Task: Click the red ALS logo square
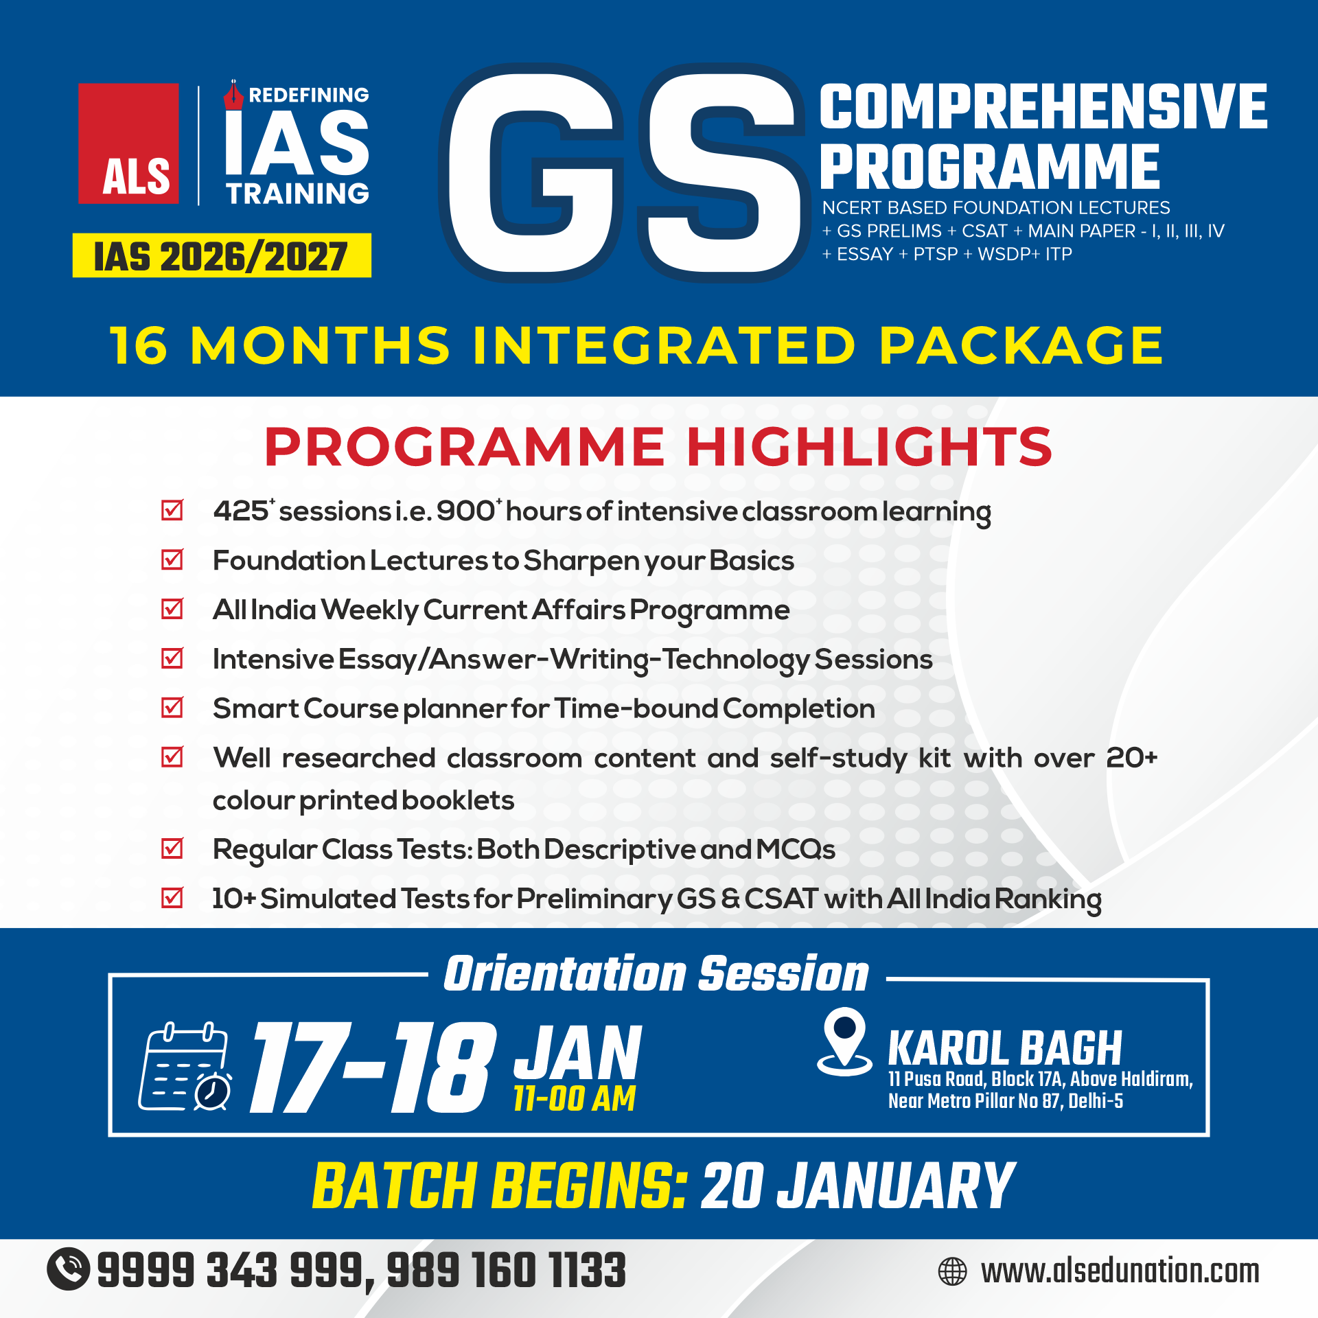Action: [x=128, y=143]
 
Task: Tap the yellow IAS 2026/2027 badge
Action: [x=222, y=255]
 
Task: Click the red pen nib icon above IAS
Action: [x=233, y=95]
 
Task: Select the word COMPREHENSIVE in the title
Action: [x=1043, y=106]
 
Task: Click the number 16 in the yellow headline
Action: [x=138, y=345]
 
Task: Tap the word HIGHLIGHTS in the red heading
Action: [x=869, y=447]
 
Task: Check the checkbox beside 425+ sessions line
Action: [x=172, y=510]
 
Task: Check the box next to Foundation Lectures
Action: [x=172, y=559]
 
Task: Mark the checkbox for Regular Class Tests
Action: [x=172, y=848]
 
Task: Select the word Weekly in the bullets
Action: [x=369, y=610]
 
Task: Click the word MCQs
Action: [x=796, y=850]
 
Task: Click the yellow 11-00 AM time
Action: [x=575, y=1098]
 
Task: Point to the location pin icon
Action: [x=844, y=1041]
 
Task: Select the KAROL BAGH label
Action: [x=1006, y=1048]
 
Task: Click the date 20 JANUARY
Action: [x=858, y=1186]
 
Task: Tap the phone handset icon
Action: [x=68, y=1269]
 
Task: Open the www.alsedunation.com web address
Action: [x=1120, y=1271]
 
